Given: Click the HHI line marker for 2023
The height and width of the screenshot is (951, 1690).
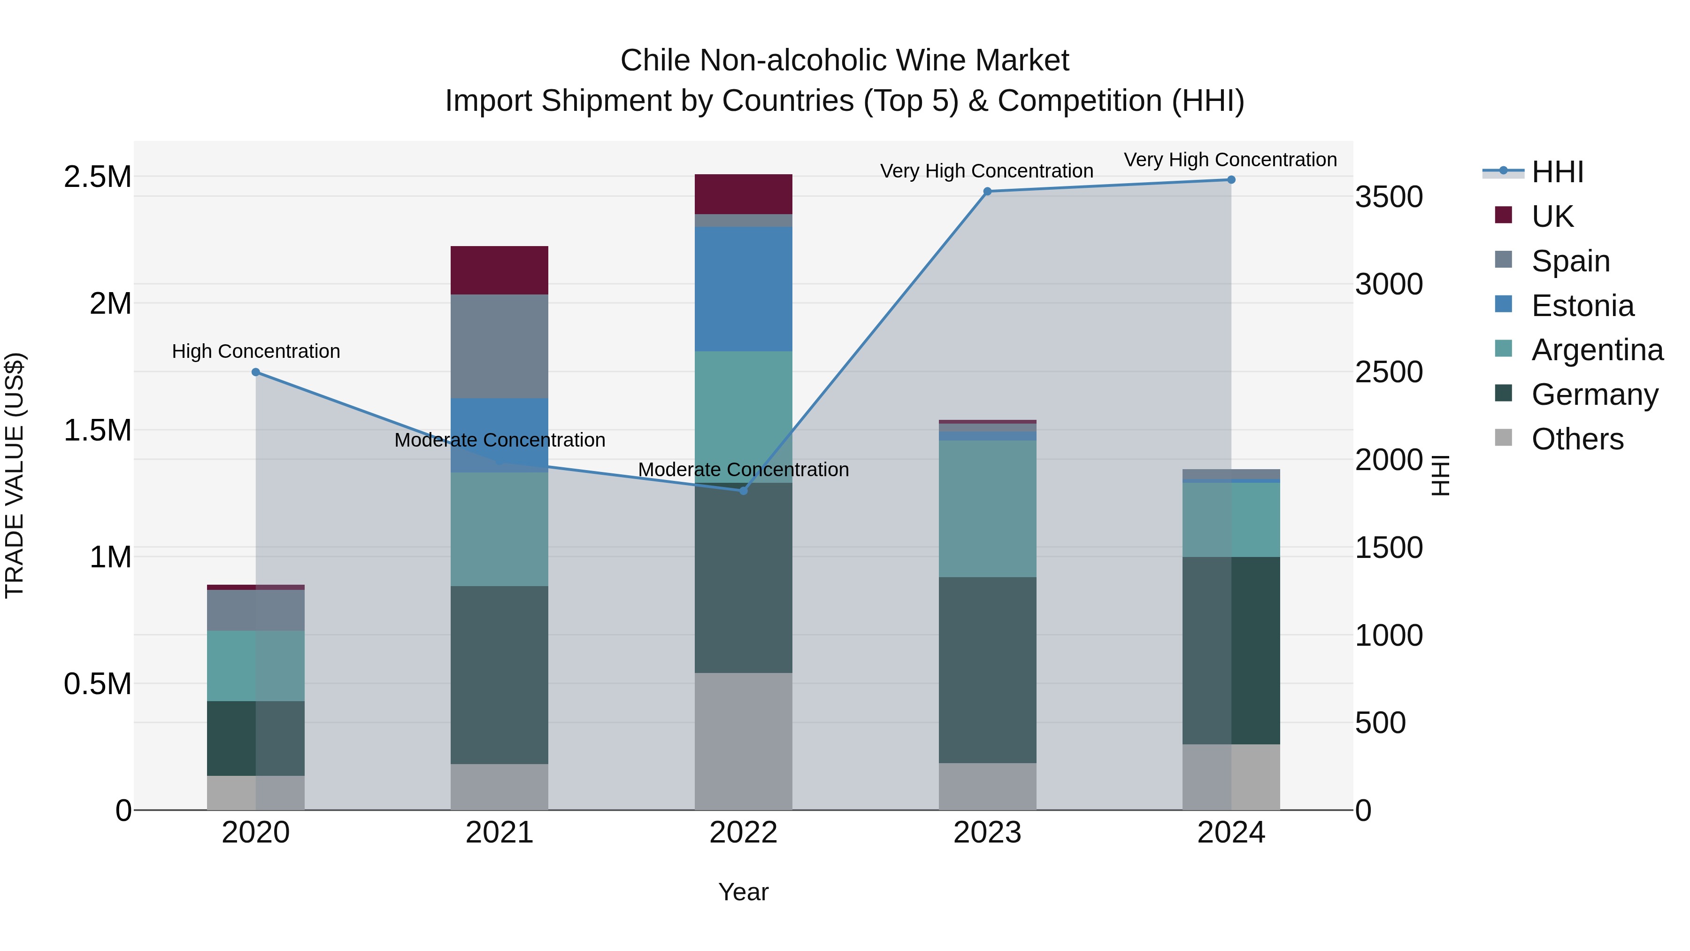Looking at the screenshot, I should coord(987,192).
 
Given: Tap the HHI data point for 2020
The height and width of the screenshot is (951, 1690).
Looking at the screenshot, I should coord(256,372).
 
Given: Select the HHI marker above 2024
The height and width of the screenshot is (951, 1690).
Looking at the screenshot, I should coord(1231,180).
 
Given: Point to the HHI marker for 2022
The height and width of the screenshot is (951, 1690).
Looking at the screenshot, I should coord(743,491).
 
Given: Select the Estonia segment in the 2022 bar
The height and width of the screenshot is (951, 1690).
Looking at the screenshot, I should coord(743,289).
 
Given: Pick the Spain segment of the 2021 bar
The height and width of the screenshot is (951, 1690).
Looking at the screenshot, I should coord(499,347).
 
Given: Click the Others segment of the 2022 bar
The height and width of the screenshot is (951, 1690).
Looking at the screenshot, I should coord(743,741).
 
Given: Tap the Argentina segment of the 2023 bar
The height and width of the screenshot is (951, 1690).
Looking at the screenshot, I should coord(987,509).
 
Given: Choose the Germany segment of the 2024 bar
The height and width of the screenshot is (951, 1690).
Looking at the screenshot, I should coord(1231,650).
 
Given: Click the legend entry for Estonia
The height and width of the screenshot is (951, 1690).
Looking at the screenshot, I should coord(1582,306).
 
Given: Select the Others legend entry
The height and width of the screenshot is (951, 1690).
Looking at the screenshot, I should coord(1576,439).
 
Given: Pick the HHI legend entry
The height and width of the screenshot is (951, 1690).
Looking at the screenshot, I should coord(1556,172).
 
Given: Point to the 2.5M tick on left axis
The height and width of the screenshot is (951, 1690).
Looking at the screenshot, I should coord(97,177).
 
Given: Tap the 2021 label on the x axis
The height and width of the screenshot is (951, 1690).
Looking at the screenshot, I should coord(499,833).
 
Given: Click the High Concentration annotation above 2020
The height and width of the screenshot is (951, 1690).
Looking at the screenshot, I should coord(256,351).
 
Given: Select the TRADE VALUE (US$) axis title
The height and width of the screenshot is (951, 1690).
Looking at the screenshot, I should coord(15,475).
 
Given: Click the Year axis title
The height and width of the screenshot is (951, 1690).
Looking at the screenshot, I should coord(743,892).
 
